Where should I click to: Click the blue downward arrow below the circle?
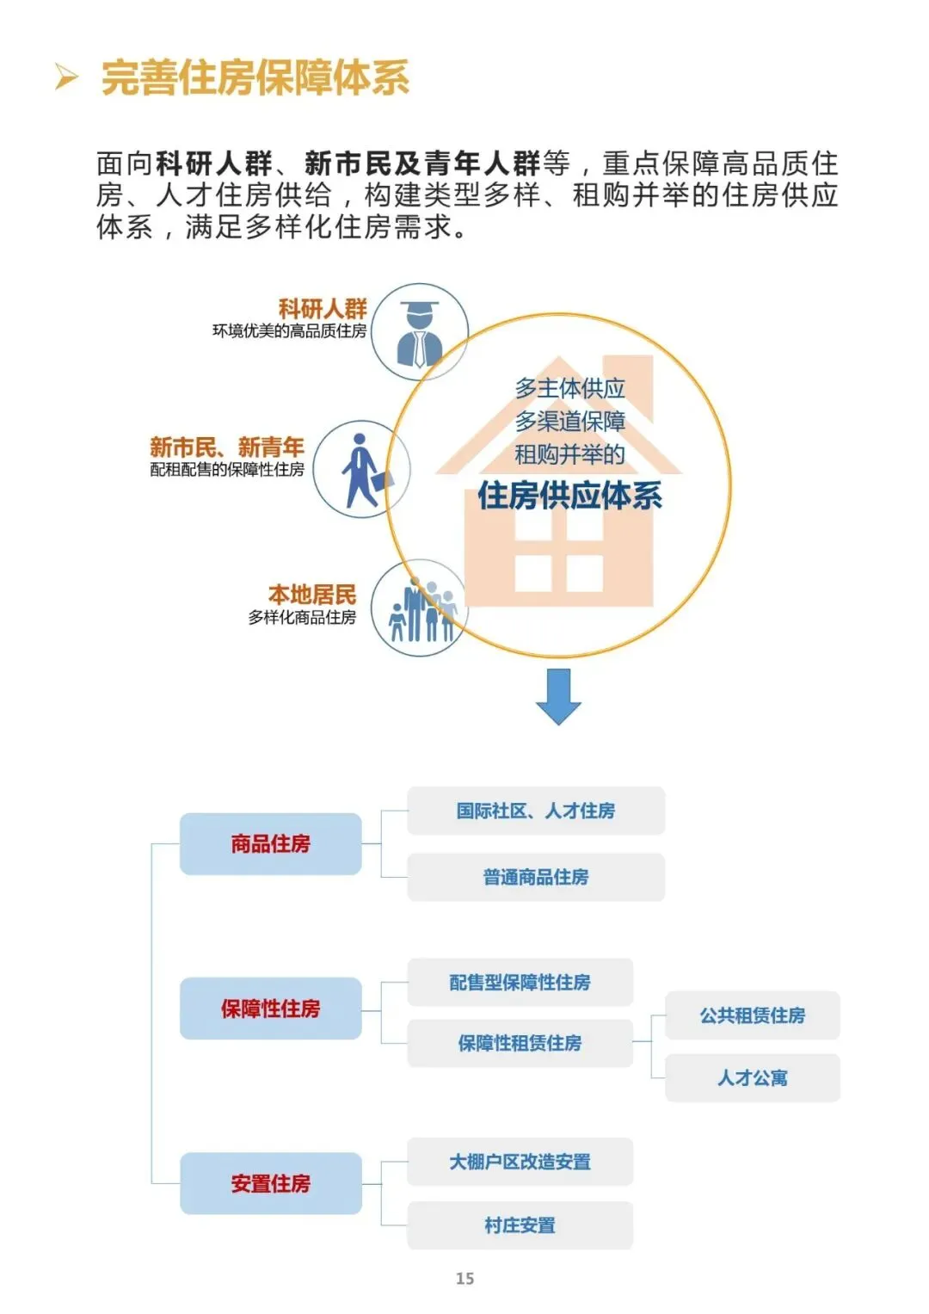tap(558, 695)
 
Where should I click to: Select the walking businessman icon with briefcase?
tap(362, 470)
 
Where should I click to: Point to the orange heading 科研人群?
tap(323, 308)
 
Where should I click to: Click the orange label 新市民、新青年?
tap(227, 447)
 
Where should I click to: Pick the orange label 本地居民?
tap(311, 594)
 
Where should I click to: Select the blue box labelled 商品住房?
tap(270, 844)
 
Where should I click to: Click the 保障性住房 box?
tap(270, 1009)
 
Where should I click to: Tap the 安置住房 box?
tap(270, 1184)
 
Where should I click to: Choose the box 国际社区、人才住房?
tap(535, 811)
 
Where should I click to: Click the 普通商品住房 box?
tap(535, 878)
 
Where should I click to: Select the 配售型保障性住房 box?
tap(520, 983)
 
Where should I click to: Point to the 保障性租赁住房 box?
tap(520, 1044)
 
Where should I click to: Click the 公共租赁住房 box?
tap(752, 1015)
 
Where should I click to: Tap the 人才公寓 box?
tap(752, 1078)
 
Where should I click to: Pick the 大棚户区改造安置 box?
tap(520, 1162)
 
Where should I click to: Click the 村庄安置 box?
tap(520, 1225)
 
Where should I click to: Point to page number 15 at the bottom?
tap(464, 1279)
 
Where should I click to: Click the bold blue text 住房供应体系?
tap(569, 496)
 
